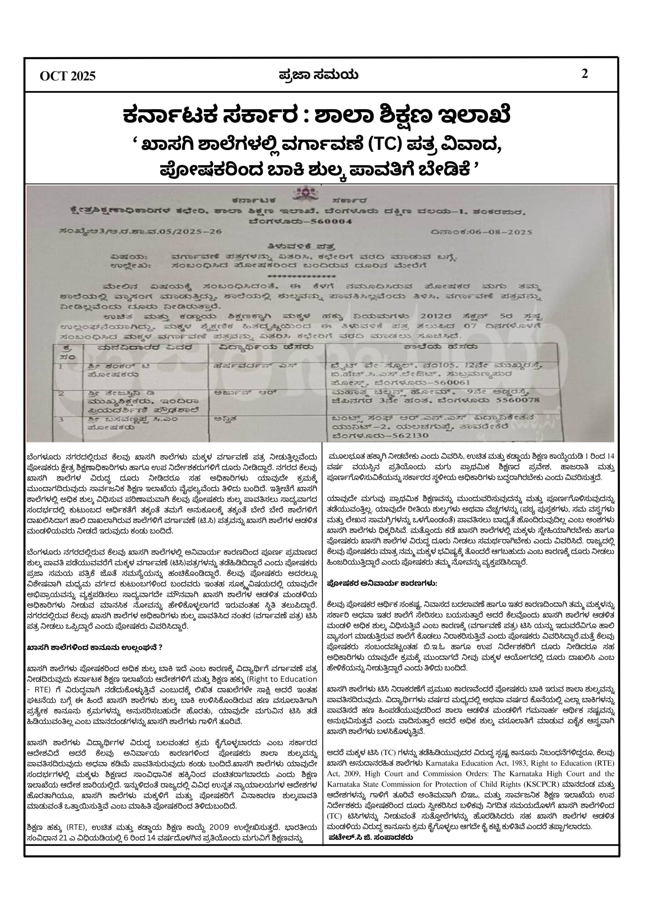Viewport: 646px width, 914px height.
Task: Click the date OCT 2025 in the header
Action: pyautogui.click(x=68, y=76)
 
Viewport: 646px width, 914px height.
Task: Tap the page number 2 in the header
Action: pyautogui.click(x=585, y=74)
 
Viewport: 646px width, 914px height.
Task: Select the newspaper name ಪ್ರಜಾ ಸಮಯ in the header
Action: pyautogui.click(x=318, y=75)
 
